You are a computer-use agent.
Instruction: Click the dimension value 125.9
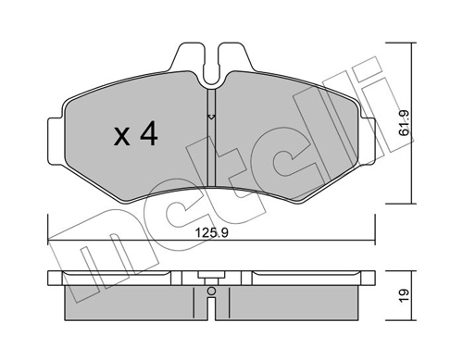(x=212, y=233)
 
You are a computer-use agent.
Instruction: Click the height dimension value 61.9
(x=404, y=122)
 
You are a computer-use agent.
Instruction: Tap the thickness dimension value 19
(x=404, y=295)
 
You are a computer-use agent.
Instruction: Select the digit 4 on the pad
(x=149, y=133)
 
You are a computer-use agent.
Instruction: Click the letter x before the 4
(x=122, y=137)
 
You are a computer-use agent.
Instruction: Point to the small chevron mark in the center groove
(x=211, y=117)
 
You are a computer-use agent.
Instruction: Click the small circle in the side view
(x=211, y=291)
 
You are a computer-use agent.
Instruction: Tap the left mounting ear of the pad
(x=56, y=141)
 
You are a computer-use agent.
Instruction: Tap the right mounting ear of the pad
(x=368, y=141)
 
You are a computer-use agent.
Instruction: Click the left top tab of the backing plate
(x=188, y=58)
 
